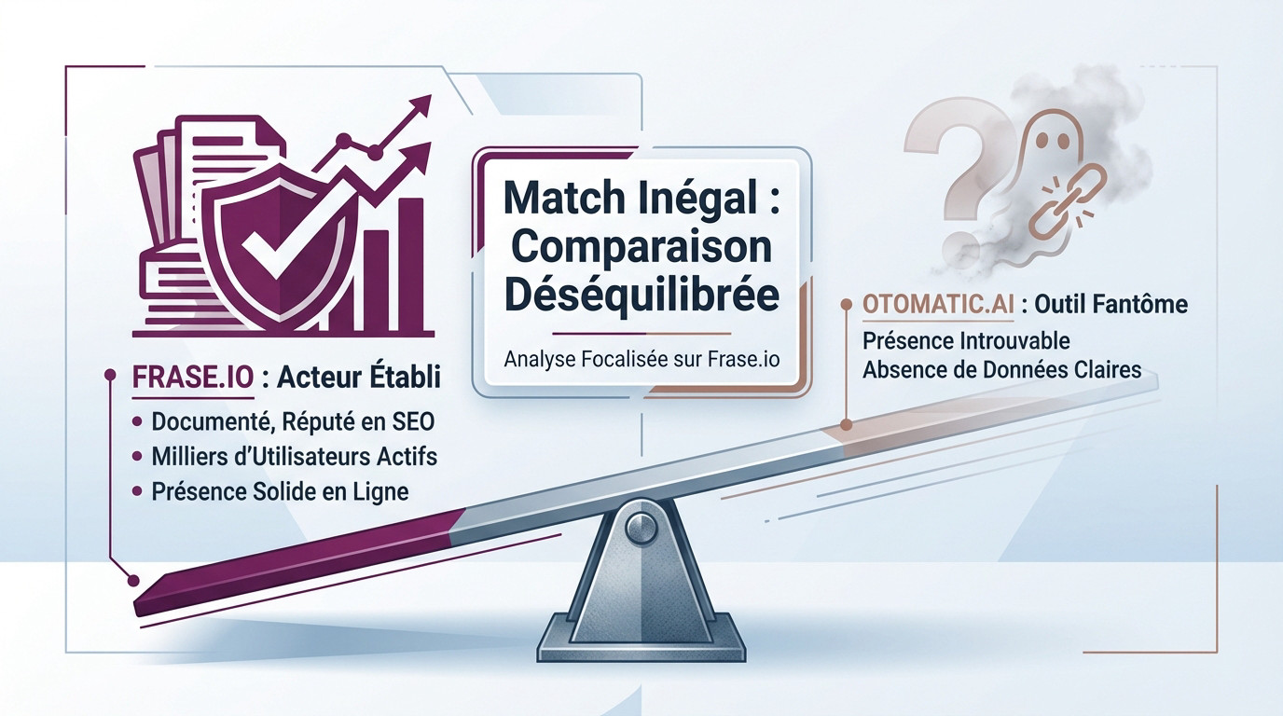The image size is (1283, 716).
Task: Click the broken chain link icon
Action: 1067,201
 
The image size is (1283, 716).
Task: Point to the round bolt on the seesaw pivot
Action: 641,527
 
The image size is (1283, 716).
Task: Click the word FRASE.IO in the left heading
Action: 193,378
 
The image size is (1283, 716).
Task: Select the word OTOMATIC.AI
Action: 938,305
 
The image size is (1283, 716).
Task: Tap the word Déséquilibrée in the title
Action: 641,294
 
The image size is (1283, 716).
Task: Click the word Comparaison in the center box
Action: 641,247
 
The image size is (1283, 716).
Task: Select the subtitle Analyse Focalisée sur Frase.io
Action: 641,359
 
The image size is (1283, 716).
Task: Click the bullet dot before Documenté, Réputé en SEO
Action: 137,421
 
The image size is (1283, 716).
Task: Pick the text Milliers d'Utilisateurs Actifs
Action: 295,457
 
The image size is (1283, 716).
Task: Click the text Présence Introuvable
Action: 966,341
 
